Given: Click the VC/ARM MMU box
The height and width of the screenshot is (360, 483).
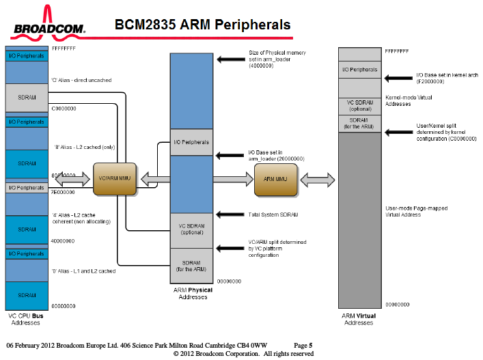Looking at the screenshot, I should pos(115,179).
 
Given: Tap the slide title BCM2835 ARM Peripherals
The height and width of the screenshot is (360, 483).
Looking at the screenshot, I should pos(202,25).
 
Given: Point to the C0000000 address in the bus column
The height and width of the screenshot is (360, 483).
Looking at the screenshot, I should pos(64,109).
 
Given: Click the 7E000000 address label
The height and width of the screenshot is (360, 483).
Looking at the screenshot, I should pos(63,193).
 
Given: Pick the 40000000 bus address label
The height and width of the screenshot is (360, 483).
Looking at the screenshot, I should pos(63,241).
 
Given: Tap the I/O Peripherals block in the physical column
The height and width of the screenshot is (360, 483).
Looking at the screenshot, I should pos(191,142).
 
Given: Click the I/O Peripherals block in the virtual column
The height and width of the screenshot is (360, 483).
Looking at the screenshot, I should pos(359,70).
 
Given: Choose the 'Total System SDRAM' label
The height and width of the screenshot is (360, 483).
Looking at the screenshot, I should pos(273,214).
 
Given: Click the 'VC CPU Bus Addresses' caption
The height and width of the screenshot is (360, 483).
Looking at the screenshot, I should pos(27,319).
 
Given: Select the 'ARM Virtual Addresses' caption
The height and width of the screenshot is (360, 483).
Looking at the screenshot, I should pos(359,319).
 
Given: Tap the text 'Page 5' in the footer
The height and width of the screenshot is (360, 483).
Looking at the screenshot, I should pos(303,345).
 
